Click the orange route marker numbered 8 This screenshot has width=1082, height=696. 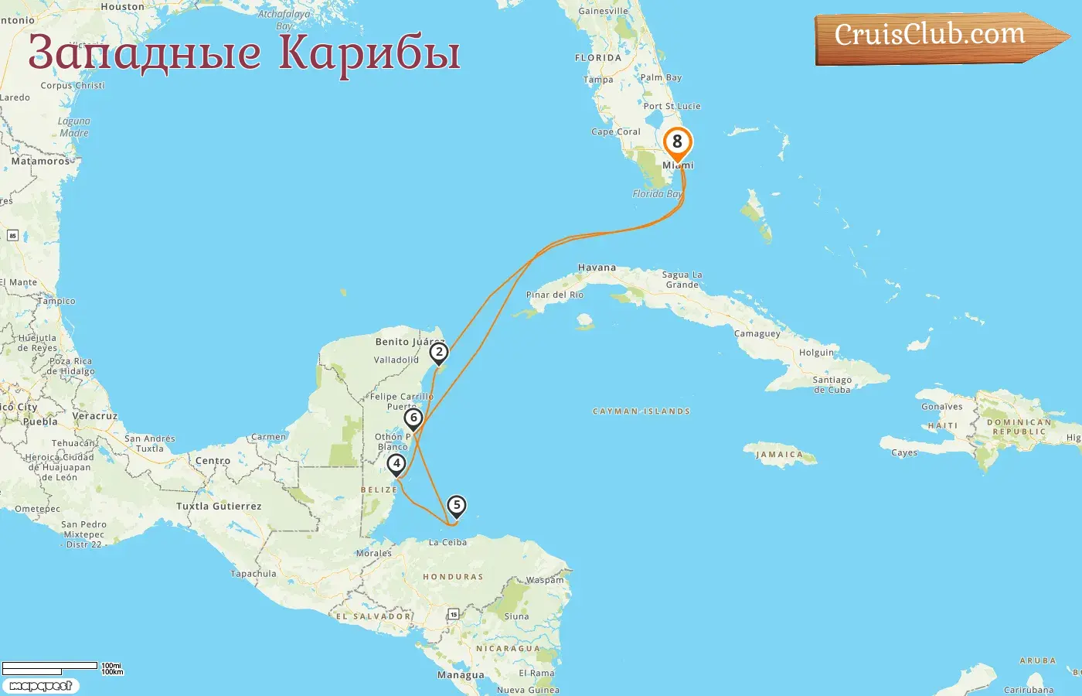[x=677, y=142]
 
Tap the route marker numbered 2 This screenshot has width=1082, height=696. [x=439, y=353]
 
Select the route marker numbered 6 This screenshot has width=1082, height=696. [x=413, y=418]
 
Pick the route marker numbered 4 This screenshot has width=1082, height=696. [x=396, y=464]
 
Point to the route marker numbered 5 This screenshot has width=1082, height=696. [x=457, y=506]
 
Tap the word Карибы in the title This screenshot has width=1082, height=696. [x=369, y=53]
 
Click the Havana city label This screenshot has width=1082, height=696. [x=597, y=268]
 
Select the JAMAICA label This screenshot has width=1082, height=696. [x=779, y=455]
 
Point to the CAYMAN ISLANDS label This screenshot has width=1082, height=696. [x=641, y=411]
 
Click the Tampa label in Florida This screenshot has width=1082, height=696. [x=598, y=80]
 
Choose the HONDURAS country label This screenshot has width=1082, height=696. [x=453, y=577]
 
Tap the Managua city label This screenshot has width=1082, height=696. [x=461, y=675]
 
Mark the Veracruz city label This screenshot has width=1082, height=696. [x=95, y=416]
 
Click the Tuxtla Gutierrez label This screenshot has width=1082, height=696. [x=219, y=507]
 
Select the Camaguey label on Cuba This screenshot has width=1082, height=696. [x=757, y=334]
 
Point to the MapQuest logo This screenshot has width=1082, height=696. [x=40, y=686]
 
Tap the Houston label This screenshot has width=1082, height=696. [x=122, y=7]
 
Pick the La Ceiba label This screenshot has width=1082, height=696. [x=447, y=542]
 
